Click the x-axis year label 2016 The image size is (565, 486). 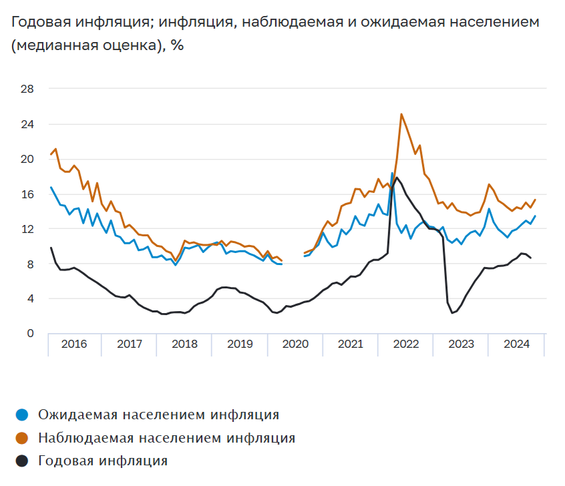tap(74, 344)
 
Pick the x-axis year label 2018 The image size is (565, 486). tap(185, 344)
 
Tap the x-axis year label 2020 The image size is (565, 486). tap(296, 344)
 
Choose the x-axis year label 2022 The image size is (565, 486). tap(406, 344)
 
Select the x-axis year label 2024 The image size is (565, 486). tap(516, 344)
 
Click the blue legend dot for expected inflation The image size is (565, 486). tap(23, 415)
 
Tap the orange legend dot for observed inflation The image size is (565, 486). tap(23, 438)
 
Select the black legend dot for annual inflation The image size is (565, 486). tap(23, 461)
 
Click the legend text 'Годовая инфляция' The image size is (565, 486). tap(103, 461)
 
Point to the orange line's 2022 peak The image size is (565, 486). tap(401, 114)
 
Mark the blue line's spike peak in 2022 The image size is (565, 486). tap(392, 173)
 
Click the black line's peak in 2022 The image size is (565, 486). tap(397, 178)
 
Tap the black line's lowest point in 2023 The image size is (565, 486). tap(452, 313)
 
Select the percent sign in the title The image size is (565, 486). tap(177, 46)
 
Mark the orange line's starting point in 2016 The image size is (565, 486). tap(51, 154)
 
